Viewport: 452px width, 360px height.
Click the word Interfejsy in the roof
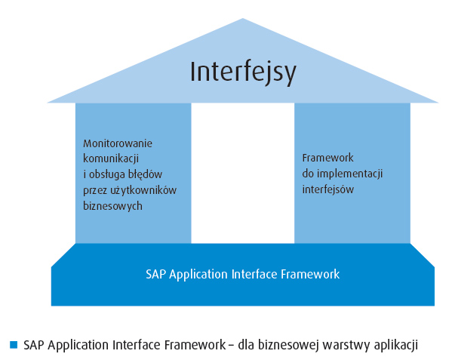pos(243,72)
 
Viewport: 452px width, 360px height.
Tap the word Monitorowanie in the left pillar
pos(118,143)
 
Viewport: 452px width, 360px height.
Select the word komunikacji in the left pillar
pos(111,158)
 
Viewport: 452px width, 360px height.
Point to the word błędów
pos(146,174)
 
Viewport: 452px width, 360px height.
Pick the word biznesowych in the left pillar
pos(112,206)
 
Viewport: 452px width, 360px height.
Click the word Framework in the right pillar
pos(327,158)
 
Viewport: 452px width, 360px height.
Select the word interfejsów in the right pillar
pos(328,189)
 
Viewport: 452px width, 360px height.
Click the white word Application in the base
pos(198,275)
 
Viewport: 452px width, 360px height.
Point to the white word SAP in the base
pos(155,274)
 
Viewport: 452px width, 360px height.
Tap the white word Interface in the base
pos(254,274)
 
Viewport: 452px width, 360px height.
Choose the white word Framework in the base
pos(310,274)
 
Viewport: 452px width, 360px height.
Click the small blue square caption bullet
pos(14,345)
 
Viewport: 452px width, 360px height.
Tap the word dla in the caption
pos(246,345)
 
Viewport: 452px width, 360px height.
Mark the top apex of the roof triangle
pos(243,18)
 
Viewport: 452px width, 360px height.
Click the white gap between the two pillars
pos(243,173)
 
